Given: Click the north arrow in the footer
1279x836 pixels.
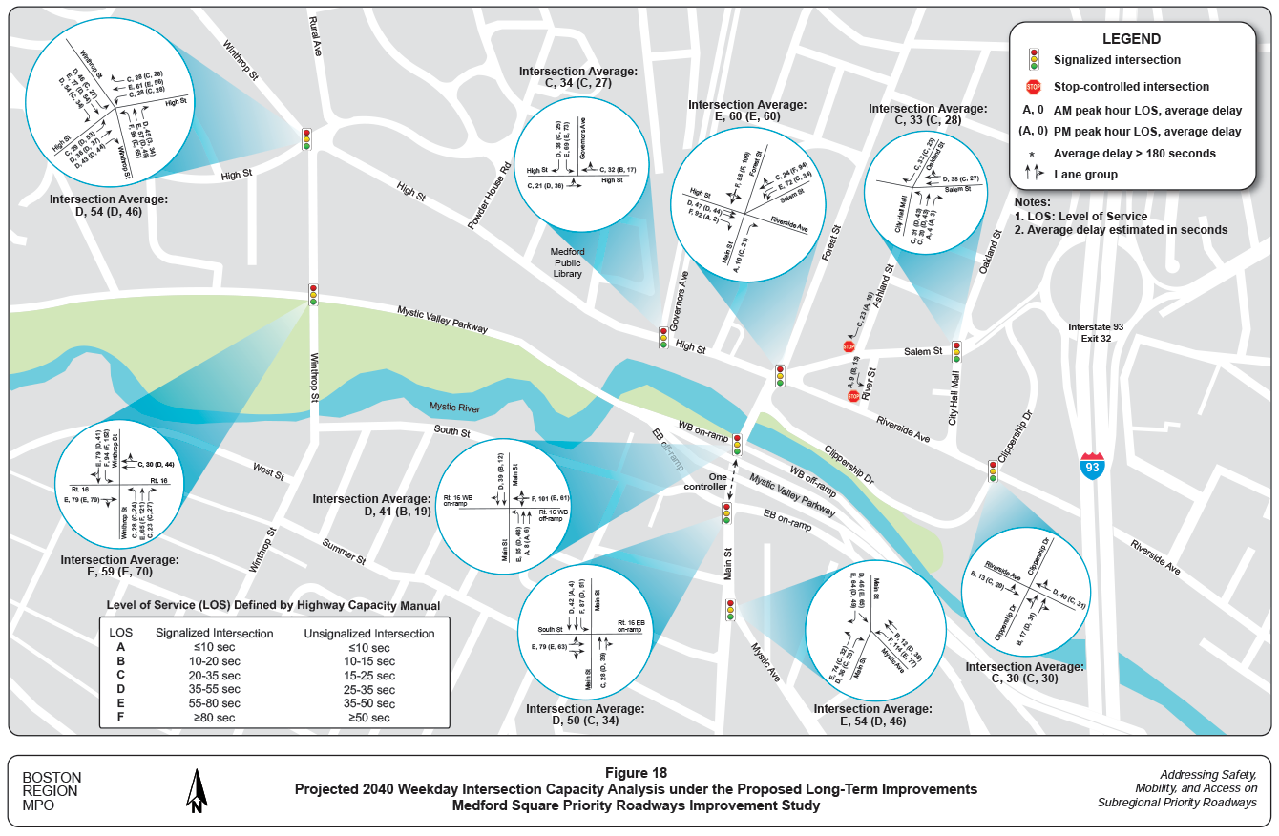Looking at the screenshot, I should click(198, 791).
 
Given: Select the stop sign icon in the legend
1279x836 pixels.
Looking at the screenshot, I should click(1033, 87).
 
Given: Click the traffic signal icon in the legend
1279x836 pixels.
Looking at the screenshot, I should click(1033, 60).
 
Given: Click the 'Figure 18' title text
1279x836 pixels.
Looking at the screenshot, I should click(636, 772).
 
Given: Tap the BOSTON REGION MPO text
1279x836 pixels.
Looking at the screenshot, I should click(52, 791).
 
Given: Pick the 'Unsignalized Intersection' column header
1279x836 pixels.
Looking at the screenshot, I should click(368, 633).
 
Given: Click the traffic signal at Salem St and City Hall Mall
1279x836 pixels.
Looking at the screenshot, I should click(956, 352).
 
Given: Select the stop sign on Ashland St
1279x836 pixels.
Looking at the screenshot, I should click(849, 346).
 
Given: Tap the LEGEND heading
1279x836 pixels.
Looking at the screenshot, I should click(1131, 39).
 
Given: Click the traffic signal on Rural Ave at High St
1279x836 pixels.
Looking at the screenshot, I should click(306, 138).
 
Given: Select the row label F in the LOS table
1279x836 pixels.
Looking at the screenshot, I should click(120, 717).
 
